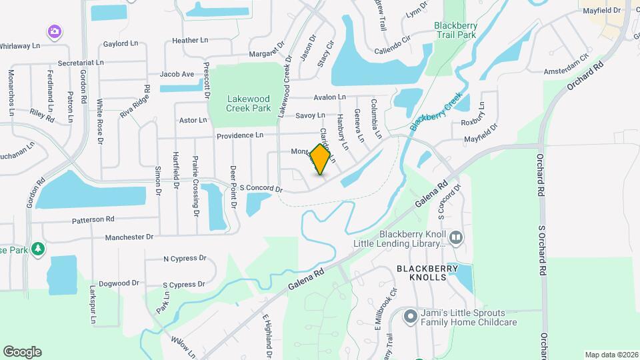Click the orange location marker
click(x=321, y=159)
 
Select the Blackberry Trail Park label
click(x=455, y=29)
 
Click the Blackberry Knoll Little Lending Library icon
click(x=456, y=237)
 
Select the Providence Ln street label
click(x=239, y=135)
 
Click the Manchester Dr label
click(x=129, y=237)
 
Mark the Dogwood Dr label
click(x=119, y=283)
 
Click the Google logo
click(x=22, y=351)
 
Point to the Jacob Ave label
click(x=177, y=74)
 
